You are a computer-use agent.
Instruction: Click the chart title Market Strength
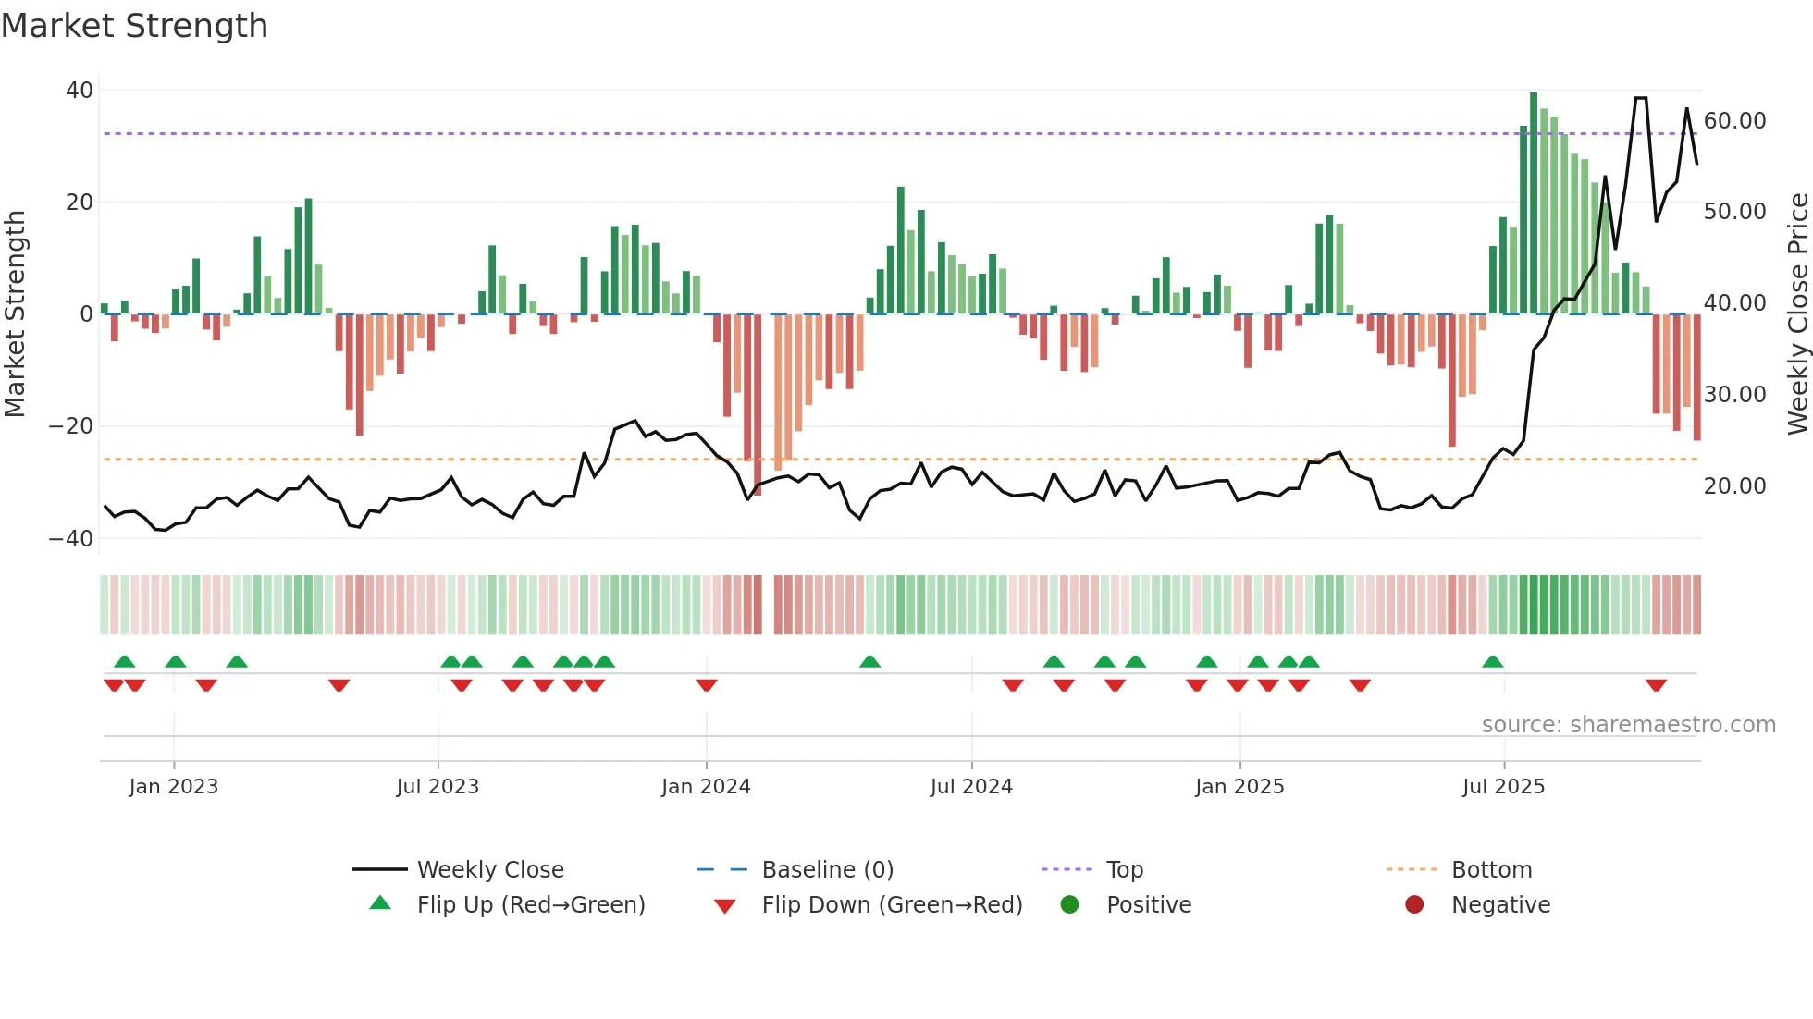tap(134, 26)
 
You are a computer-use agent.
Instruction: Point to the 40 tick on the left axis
tap(80, 91)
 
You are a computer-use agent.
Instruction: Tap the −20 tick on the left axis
tap(71, 426)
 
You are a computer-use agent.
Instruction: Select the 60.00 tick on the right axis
tap(1734, 121)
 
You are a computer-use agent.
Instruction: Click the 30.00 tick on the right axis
tap(1734, 395)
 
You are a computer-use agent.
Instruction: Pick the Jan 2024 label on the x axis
tap(706, 787)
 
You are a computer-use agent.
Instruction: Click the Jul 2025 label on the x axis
tap(1503, 787)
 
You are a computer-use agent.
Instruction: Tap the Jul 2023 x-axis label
tap(438, 787)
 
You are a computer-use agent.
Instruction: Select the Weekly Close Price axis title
tap(1797, 314)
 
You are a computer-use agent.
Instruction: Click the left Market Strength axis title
tap(15, 314)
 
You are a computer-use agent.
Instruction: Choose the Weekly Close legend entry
tap(489, 870)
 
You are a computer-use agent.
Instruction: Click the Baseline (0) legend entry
tap(827, 870)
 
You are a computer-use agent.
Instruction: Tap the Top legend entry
tap(1124, 870)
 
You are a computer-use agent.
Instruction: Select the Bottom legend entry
tap(1491, 870)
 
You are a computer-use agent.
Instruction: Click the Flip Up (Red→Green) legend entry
tap(530, 905)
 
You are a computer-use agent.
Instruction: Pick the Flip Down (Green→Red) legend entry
tap(892, 905)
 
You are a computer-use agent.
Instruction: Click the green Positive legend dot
tap(1069, 905)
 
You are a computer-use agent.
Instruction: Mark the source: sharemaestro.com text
tap(1628, 725)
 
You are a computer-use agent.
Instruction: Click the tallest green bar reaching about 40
tap(1534, 203)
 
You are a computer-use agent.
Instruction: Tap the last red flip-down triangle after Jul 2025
tap(1656, 685)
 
